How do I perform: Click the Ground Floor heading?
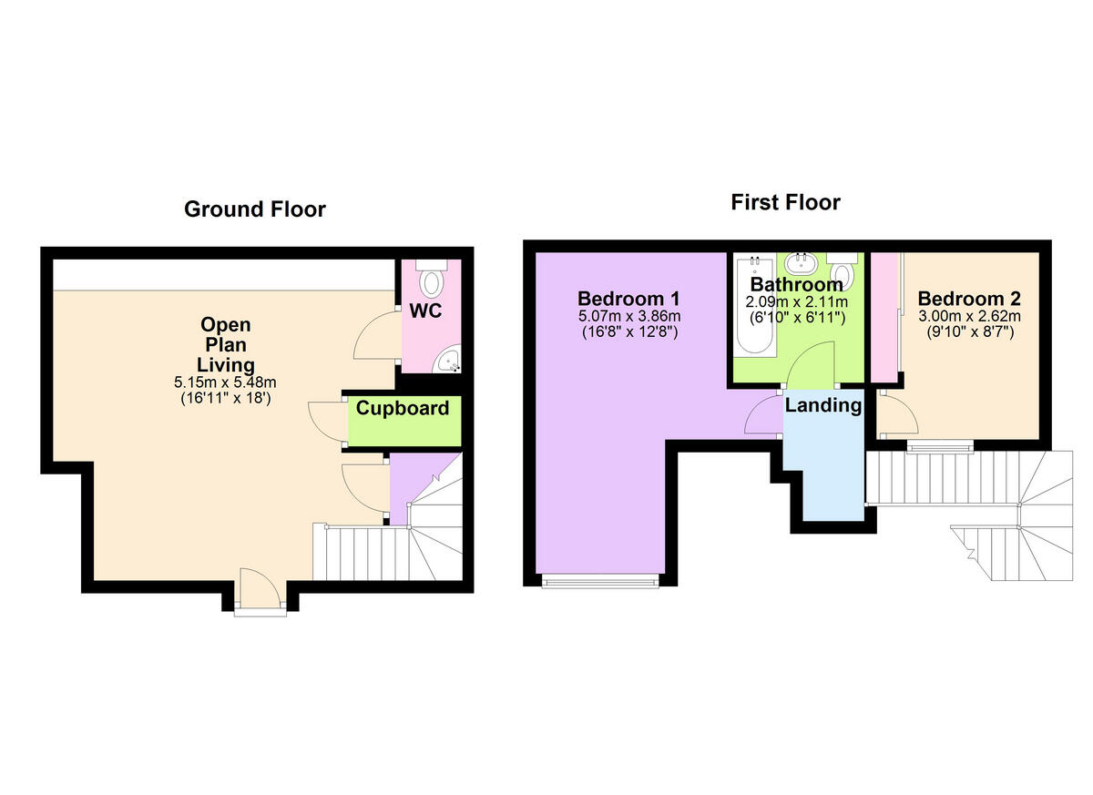pyautogui.click(x=254, y=209)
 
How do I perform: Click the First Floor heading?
pyautogui.click(x=785, y=202)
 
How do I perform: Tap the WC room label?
pyautogui.click(x=425, y=311)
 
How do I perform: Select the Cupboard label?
pyautogui.click(x=402, y=408)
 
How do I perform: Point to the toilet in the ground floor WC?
pyautogui.click(x=430, y=275)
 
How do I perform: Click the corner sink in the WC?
pyautogui.click(x=448, y=362)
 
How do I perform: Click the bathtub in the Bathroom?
pyautogui.click(x=755, y=306)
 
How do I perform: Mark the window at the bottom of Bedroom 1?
pyautogui.click(x=599, y=580)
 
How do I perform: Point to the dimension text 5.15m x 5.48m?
pyautogui.click(x=225, y=382)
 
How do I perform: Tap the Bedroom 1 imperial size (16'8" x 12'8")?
pyautogui.click(x=629, y=331)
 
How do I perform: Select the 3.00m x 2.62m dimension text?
pyautogui.click(x=969, y=316)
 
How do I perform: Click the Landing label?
pyautogui.click(x=823, y=405)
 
